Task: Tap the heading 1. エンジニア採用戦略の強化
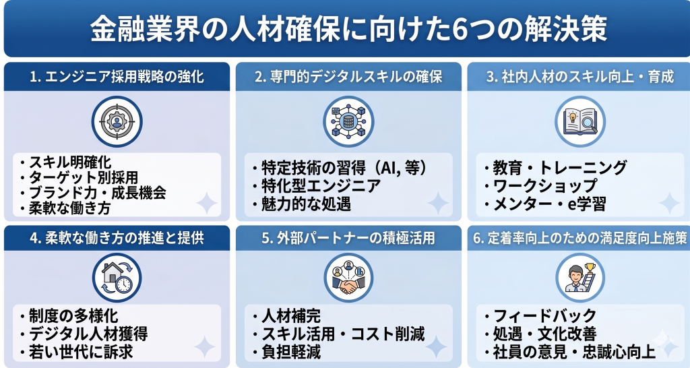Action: coord(117,76)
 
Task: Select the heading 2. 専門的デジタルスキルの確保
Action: coord(348,76)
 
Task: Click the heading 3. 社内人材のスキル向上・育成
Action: coord(579,76)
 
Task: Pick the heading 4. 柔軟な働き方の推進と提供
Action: coord(117,238)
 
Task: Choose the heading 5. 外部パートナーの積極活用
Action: coord(348,238)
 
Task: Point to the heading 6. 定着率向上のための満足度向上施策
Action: coord(579,238)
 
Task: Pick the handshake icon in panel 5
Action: coord(348,278)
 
